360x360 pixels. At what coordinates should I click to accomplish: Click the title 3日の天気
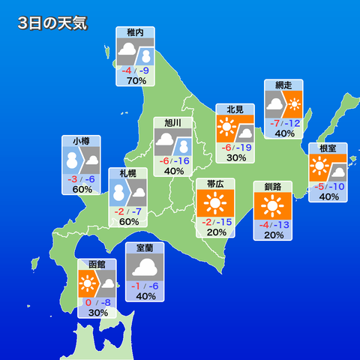[52, 22]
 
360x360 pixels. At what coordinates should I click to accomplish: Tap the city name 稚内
[136, 33]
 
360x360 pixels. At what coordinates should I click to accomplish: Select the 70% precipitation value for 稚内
[136, 81]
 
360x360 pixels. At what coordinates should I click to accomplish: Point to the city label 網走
[283, 85]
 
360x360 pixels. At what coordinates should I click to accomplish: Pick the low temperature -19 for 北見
[244, 148]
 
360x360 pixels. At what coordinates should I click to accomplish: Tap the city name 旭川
[173, 122]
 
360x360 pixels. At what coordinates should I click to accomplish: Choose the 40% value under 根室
[328, 196]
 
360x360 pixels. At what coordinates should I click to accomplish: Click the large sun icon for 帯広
[215, 203]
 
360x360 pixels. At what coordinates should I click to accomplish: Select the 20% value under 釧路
[273, 235]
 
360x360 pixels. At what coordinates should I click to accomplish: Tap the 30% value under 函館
[97, 313]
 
